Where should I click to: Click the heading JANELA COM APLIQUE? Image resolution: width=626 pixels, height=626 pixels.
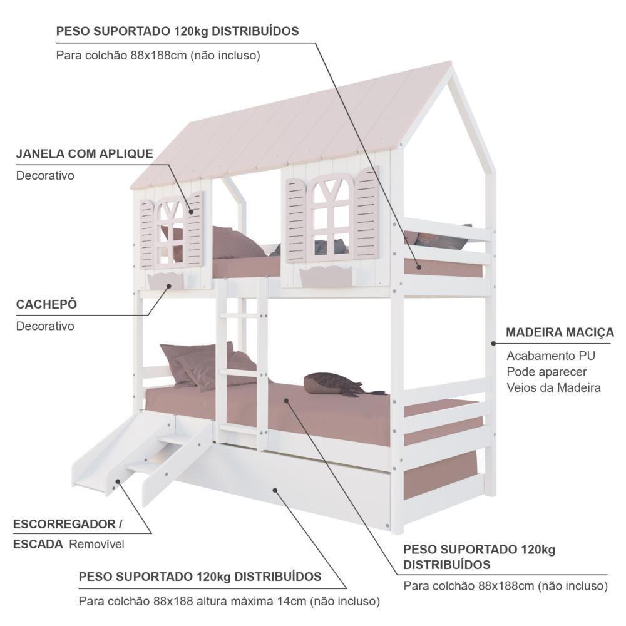tap(85, 154)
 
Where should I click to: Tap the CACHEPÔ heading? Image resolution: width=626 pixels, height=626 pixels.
tap(46, 304)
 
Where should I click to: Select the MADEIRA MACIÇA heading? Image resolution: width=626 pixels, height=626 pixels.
tap(560, 332)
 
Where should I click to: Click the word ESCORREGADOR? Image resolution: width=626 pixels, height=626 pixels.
tap(64, 524)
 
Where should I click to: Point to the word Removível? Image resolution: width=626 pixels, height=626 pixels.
tap(96, 544)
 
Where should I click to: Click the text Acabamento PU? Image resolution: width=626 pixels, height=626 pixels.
tap(551, 356)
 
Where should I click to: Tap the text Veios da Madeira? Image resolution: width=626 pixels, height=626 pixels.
tap(554, 387)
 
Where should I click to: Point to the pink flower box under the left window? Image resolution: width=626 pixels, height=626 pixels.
tap(166, 282)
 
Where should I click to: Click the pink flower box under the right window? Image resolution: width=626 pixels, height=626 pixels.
tap(326, 276)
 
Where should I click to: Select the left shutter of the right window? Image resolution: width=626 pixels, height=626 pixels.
tap(295, 221)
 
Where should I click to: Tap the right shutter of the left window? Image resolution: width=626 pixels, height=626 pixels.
tap(195, 230)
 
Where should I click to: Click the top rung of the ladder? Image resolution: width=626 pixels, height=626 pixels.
tap(241, 316)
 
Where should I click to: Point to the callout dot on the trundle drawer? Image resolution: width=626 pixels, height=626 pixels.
tap(275, 490)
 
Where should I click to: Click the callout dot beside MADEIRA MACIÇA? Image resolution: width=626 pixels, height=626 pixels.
tap(493, 343)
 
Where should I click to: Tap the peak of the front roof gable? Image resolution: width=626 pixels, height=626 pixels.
tap(451, 63)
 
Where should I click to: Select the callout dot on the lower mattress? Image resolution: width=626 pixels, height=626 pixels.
tap(286, 401)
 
